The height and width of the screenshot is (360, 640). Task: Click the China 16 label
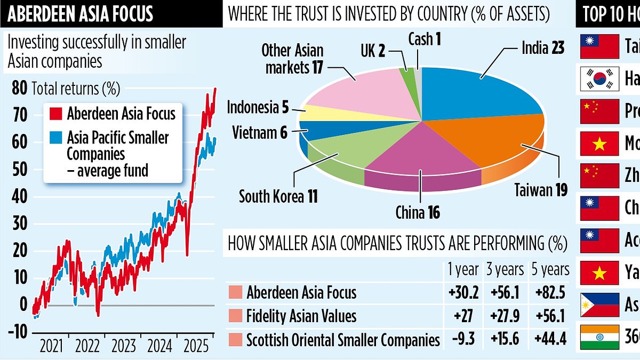[418, 213]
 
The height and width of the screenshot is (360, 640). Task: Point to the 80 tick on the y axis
[19, 88]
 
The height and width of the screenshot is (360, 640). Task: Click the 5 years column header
[550, 269]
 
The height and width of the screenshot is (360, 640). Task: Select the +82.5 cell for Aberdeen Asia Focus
[550, 292]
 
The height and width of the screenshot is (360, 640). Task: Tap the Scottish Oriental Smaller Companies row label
[343, 339]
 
